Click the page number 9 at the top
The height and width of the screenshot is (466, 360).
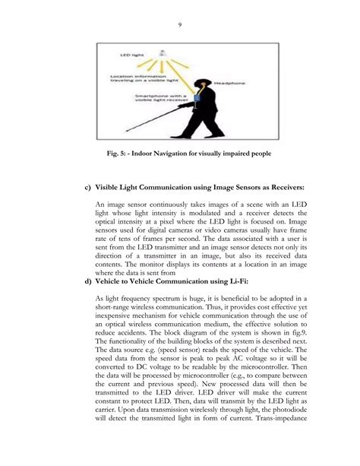[x=180, y=25]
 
